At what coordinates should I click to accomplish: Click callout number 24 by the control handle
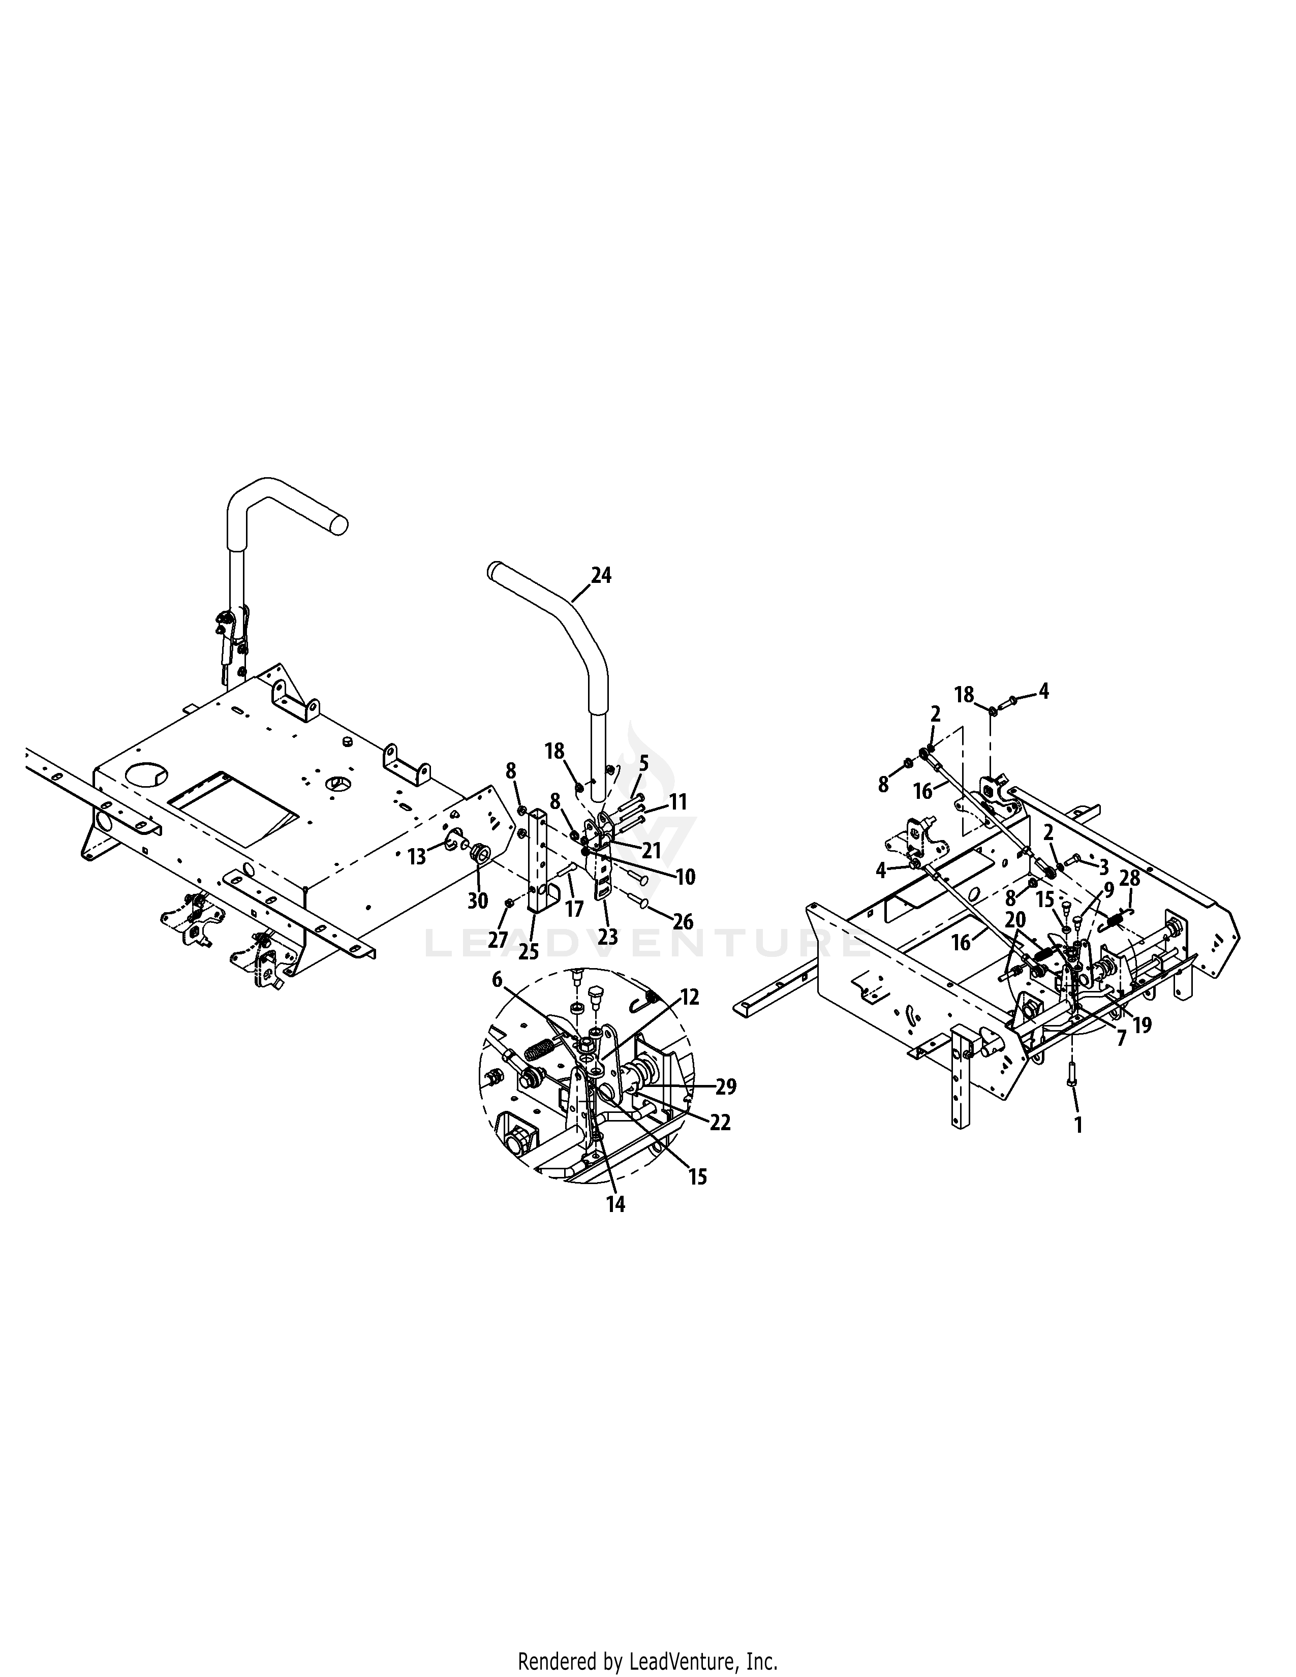click(601, 575)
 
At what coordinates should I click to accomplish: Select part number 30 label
click(478, 900)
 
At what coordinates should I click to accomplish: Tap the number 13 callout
click(417, 857)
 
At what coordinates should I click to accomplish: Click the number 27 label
click(498, 939)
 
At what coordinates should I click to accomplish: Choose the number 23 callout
click(608, 937)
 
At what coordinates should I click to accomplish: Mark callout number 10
click(685, 877)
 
